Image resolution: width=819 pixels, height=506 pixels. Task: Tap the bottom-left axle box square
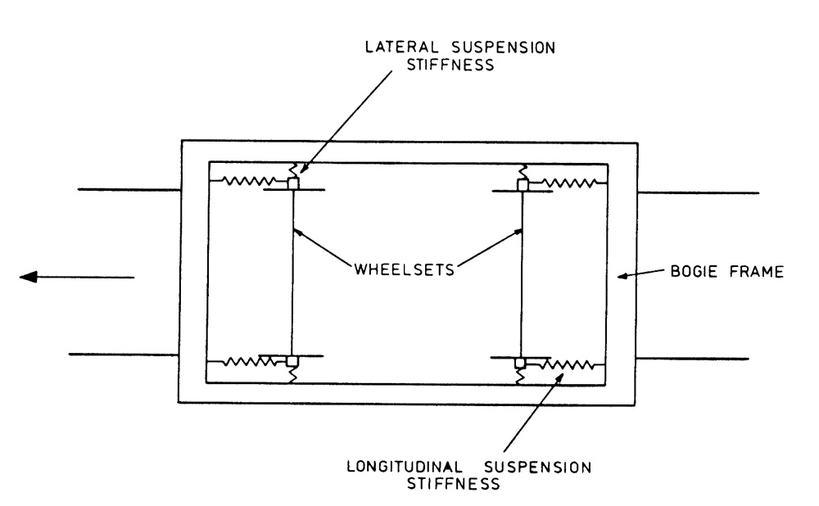point(292,361)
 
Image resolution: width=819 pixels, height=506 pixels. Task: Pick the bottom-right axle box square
point(520,362)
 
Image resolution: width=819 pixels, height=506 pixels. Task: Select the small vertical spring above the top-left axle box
point(292,169)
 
